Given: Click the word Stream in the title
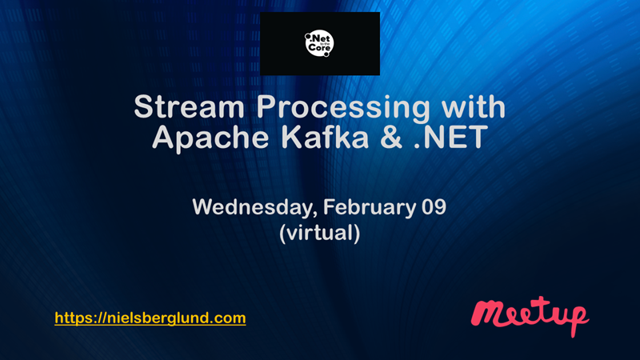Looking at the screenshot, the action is tap(190, 106).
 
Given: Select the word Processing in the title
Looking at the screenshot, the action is tap(343, 109).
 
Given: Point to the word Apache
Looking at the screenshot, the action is tap(210, 138).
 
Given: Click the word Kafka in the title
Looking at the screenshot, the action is tap(325, 137).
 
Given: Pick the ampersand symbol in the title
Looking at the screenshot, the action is tap(391, 137).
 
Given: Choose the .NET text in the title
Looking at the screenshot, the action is tap(450, 137).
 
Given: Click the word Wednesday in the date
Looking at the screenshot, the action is tap(254, 208).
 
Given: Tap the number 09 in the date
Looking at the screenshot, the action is tap(434, 207).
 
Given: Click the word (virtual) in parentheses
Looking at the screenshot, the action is tap(319, 233).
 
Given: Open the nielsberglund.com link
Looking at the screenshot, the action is tap(150, 318).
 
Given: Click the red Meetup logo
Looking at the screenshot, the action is tap(530, 315).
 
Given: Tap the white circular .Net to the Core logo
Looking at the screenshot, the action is tap(319, 43).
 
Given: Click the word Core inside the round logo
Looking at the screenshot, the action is tap(319, 48).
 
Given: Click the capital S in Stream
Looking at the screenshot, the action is tap(144, 106).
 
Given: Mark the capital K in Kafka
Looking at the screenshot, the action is tap(291, 137).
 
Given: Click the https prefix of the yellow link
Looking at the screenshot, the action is tap(70, 318).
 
